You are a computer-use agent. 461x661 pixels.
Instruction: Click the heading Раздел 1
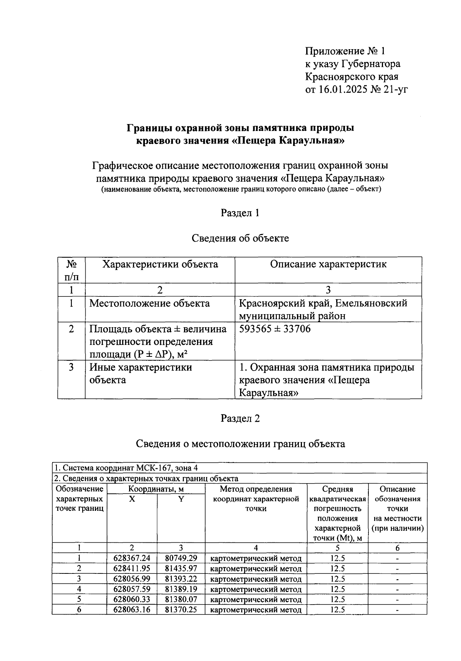240,213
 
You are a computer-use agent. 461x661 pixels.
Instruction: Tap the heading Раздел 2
240,418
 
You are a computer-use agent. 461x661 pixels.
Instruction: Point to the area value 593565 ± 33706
275,329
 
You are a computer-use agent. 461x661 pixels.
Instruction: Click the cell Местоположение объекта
149,303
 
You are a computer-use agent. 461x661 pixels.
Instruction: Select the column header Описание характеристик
328,264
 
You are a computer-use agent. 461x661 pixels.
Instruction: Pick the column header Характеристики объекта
160,264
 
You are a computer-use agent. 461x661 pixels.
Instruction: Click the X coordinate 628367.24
132,558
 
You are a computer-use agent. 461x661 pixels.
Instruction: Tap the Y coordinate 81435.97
181,568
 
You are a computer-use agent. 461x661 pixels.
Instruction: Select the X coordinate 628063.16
132,610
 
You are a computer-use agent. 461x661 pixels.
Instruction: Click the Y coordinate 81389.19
181,589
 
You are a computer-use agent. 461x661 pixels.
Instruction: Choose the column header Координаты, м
156,489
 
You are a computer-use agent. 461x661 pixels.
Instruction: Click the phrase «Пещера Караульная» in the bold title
288,141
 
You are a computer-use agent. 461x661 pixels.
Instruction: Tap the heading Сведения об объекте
240,238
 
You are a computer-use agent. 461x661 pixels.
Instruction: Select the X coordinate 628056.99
132,579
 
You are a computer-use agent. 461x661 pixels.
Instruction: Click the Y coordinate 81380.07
181,599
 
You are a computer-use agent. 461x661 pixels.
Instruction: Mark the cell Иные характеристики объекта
141,373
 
